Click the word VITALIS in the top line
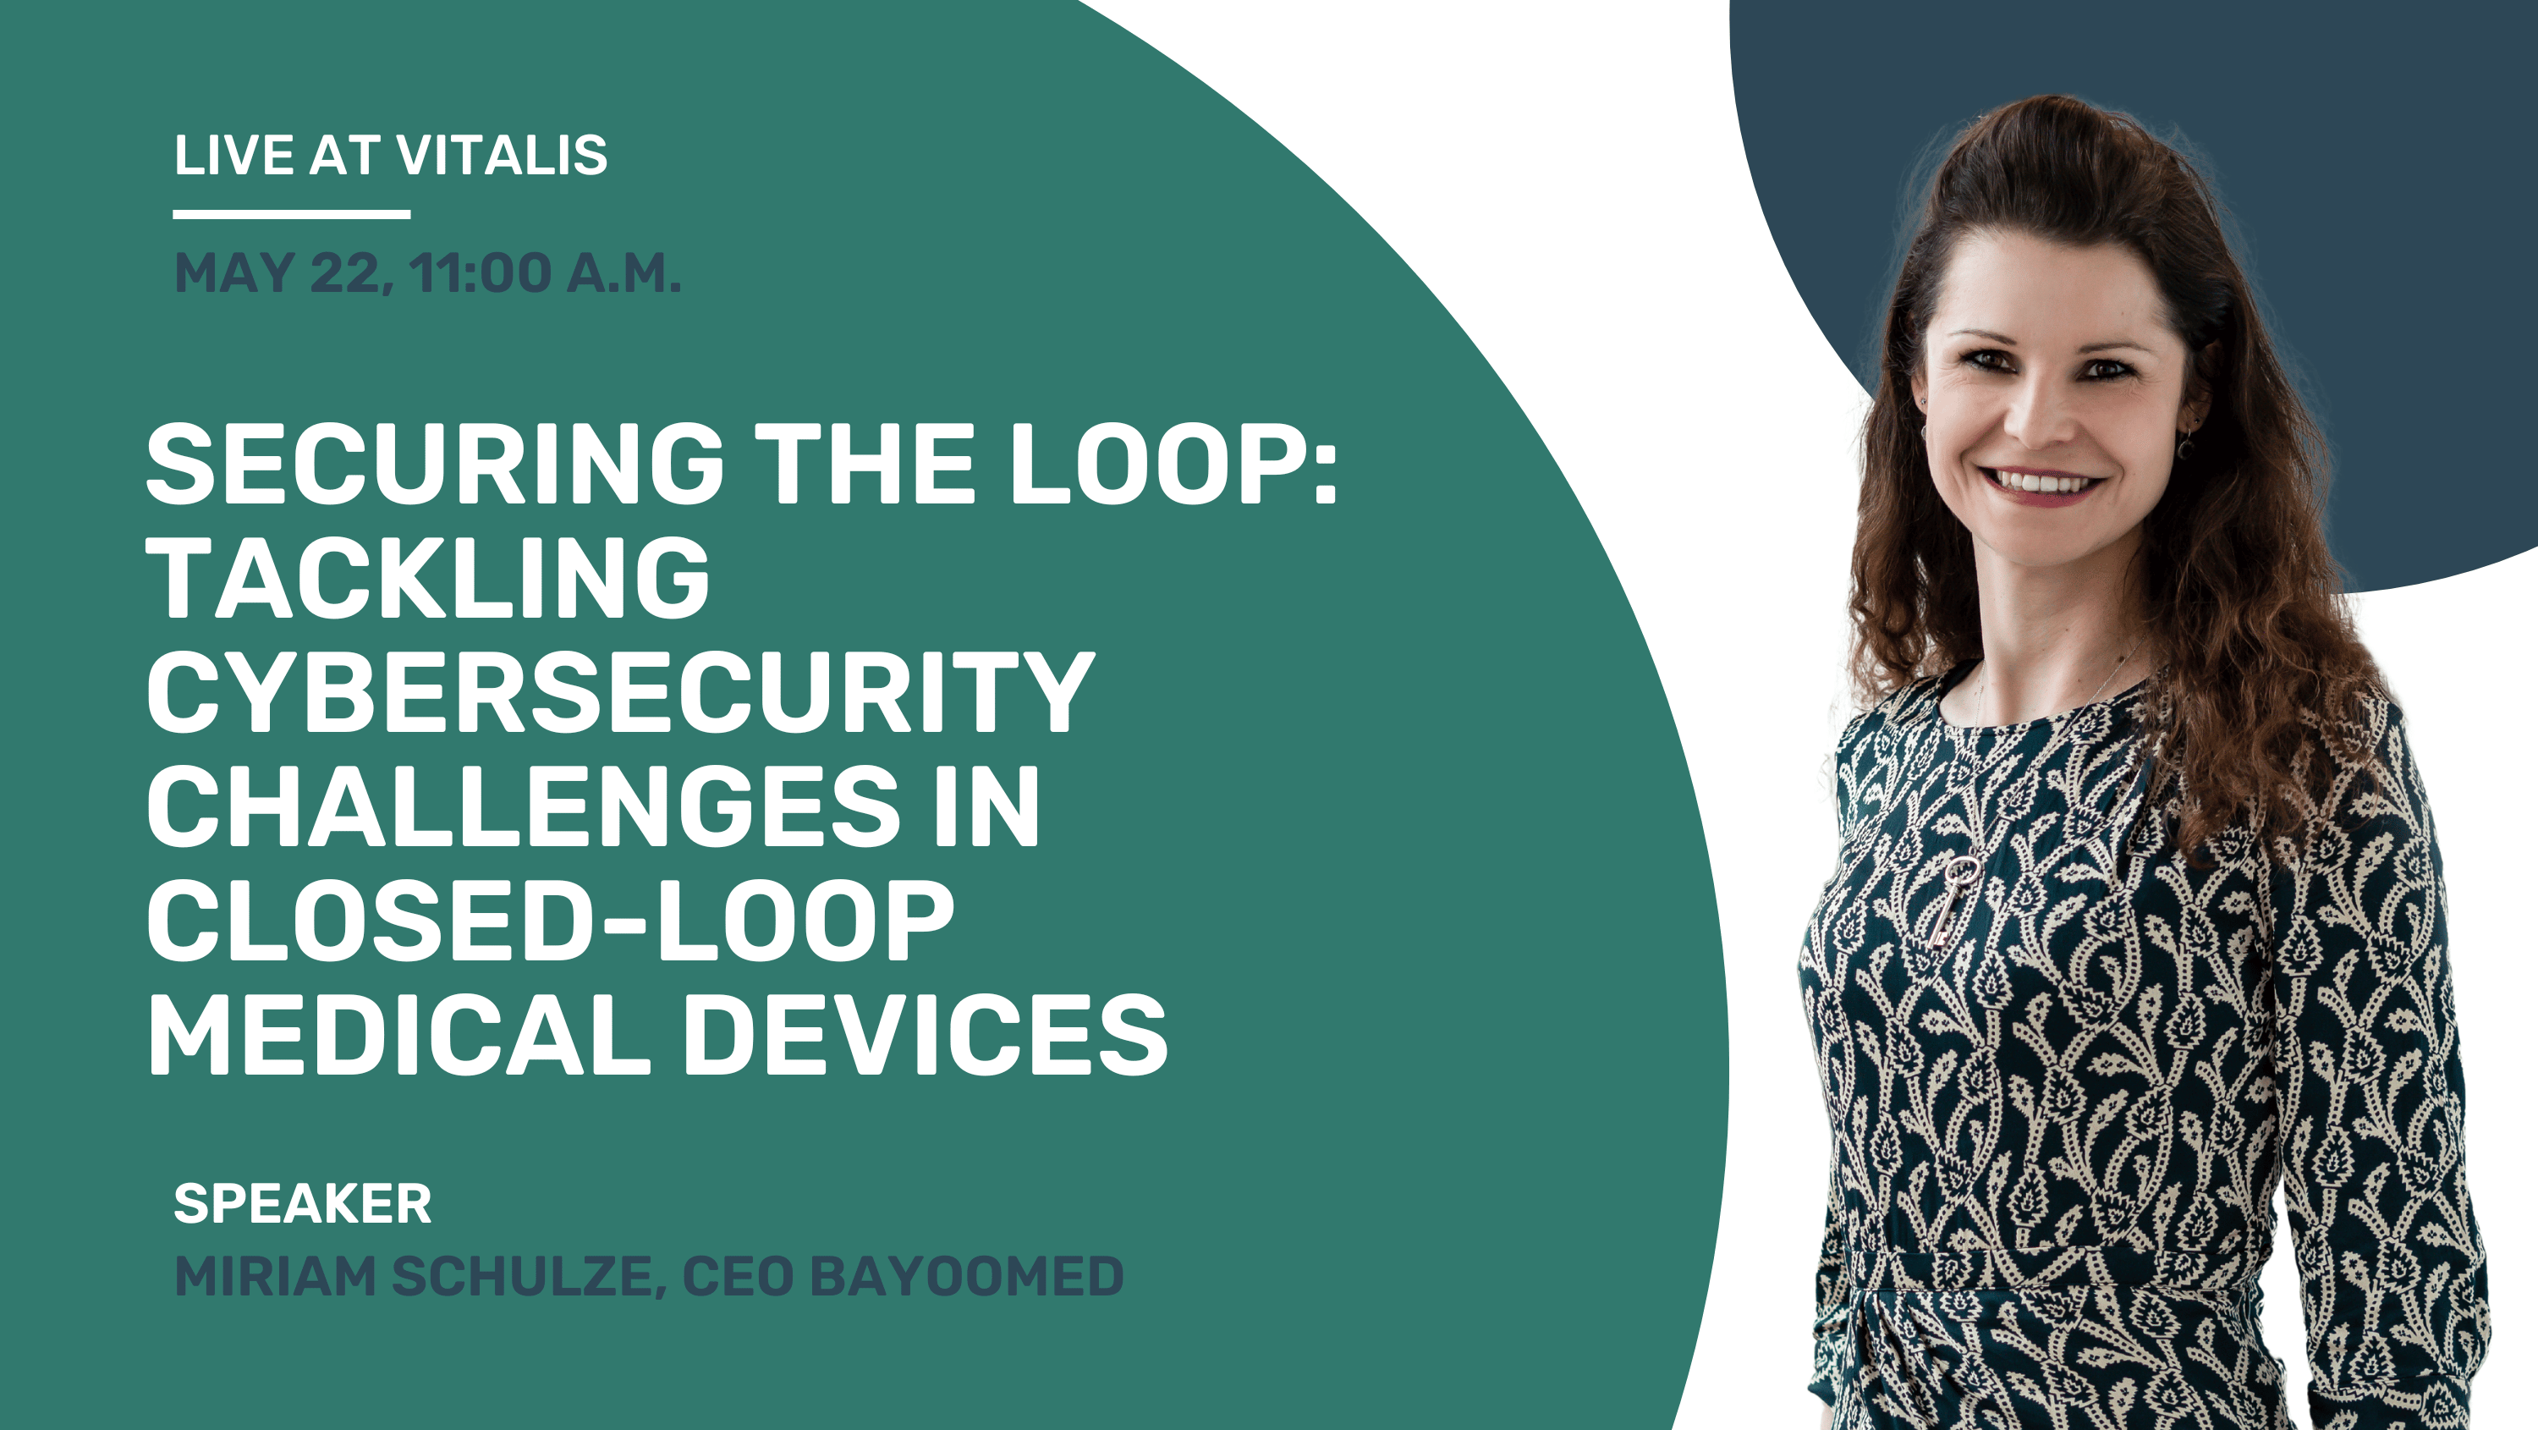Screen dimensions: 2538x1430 click(502, 156)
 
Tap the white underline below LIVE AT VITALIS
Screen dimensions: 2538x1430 click(292, 214)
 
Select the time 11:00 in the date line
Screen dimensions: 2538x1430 click(481, 273)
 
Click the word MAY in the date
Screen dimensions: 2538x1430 click(234, 273)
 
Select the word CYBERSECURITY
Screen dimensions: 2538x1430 click(621, 692)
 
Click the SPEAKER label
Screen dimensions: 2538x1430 click(303, 1203)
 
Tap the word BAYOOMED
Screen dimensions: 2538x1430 click(966, 1276)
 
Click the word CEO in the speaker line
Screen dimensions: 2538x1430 click(737, 1276)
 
